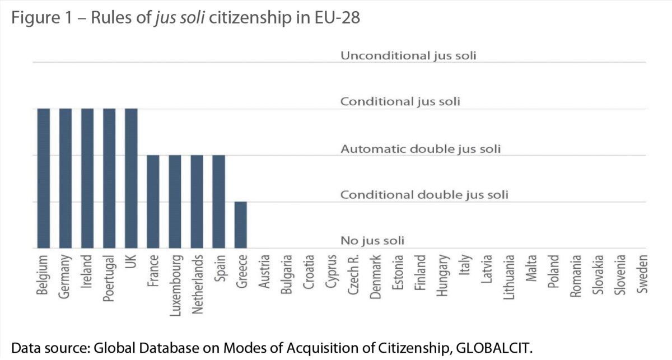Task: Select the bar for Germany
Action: [65, 178]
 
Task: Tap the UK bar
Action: [131, 178]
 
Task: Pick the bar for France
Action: [153, 202]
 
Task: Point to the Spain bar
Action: [218, 202]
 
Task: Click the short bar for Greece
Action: [240, 225]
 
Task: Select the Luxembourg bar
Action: [175, 202]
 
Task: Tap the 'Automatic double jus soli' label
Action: [420, 149]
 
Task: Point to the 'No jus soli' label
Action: [372, 241]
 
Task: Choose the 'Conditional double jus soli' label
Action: [424, 195]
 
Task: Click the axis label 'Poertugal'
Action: [109, 279]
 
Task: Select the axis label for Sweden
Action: [642, 274]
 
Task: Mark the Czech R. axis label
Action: [350, 275]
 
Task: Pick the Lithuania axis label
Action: [509, 278]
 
